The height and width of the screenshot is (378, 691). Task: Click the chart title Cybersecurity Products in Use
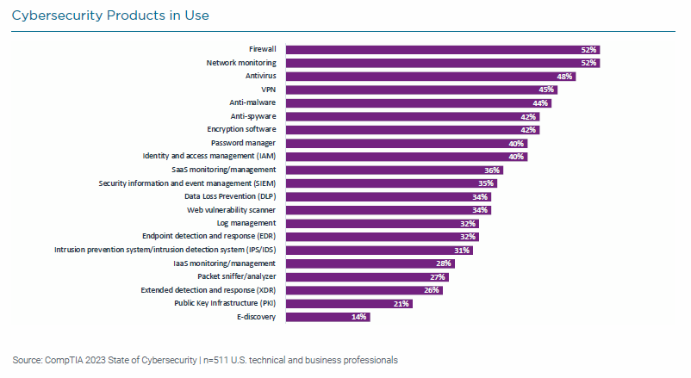(x=110, y=15)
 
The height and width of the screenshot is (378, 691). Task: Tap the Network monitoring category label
(x=240, y=63)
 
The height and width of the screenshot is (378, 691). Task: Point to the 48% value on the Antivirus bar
(x=564, y=77)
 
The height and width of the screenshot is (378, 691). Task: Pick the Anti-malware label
(x=253, y=102)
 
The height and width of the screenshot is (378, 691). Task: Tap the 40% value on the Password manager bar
(x=516, y=143)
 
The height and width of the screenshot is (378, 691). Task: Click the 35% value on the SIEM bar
(x=486, y=183)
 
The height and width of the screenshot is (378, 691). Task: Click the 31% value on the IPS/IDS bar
(x=462, y=250)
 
